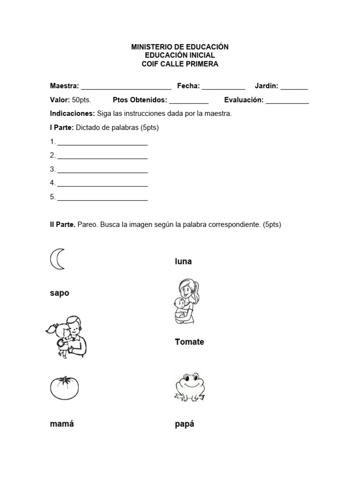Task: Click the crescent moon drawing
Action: pyautogui.click(x=57, y=259)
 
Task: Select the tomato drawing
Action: pyautogui.click(x=64, y=388)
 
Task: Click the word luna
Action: pyautogui.click(x=183, y=262)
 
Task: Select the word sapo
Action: pyautogui.click(x=60, y=293)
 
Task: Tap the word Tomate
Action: pyautogui.click(x=189, y=342)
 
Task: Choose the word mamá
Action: pyautogui.click(x=62, y=424)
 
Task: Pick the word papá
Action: pyautogui.click(x=184, y=424)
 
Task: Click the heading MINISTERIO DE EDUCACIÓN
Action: pyautogui.click(x=180, y=47)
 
